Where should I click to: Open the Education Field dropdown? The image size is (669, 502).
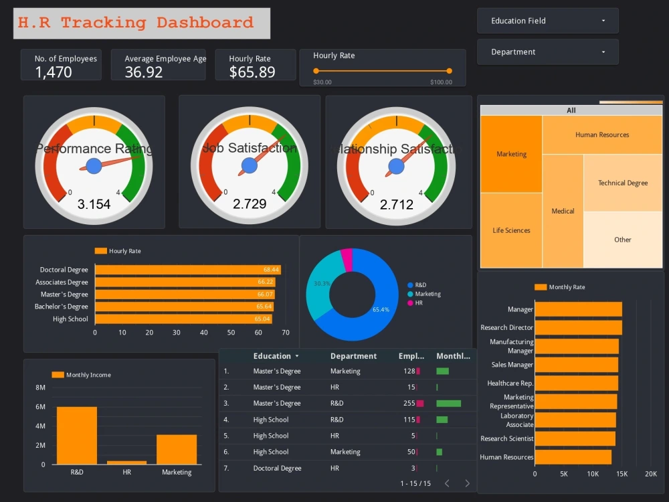[547, 21]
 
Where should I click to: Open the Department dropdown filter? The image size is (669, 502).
[547, 52]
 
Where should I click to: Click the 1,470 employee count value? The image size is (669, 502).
[54, 72]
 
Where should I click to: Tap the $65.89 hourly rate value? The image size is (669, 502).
[252, 72]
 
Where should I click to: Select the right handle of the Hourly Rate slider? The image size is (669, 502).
[449, 70]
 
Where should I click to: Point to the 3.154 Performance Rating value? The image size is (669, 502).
[94, 204]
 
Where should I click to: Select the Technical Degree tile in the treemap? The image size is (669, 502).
[623, 183]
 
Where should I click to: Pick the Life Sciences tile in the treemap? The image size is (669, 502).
[511, 230]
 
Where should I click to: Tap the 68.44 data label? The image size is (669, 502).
[271, 270]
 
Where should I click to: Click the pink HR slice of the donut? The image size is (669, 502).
[347, 258]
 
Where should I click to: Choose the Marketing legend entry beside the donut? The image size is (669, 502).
[427, 294]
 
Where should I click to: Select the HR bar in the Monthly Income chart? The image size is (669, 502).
[126, 462]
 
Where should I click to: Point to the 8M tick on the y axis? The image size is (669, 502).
[40, 388]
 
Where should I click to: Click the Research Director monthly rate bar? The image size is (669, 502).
[578, 327]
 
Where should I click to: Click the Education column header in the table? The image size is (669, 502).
[272, 356]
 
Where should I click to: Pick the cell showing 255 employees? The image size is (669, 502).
[409, 404]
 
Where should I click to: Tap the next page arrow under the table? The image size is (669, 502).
[467, 483]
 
